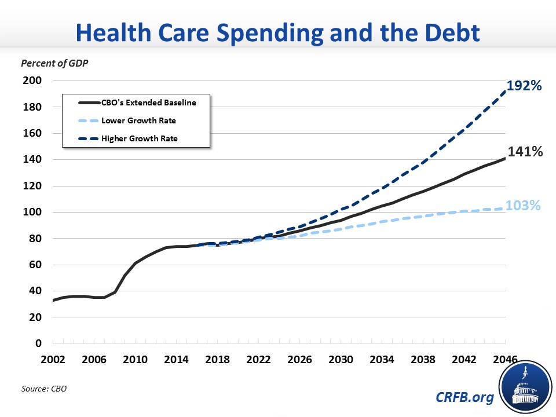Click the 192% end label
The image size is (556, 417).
tap(524, 86)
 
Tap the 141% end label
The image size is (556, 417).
tap(525, 152)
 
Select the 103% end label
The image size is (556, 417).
tap(524, 206)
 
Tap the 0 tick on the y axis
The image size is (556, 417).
tap(38, 343)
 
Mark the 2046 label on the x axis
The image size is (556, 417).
tap(505, 359)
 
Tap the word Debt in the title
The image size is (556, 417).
tap(445, 33)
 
